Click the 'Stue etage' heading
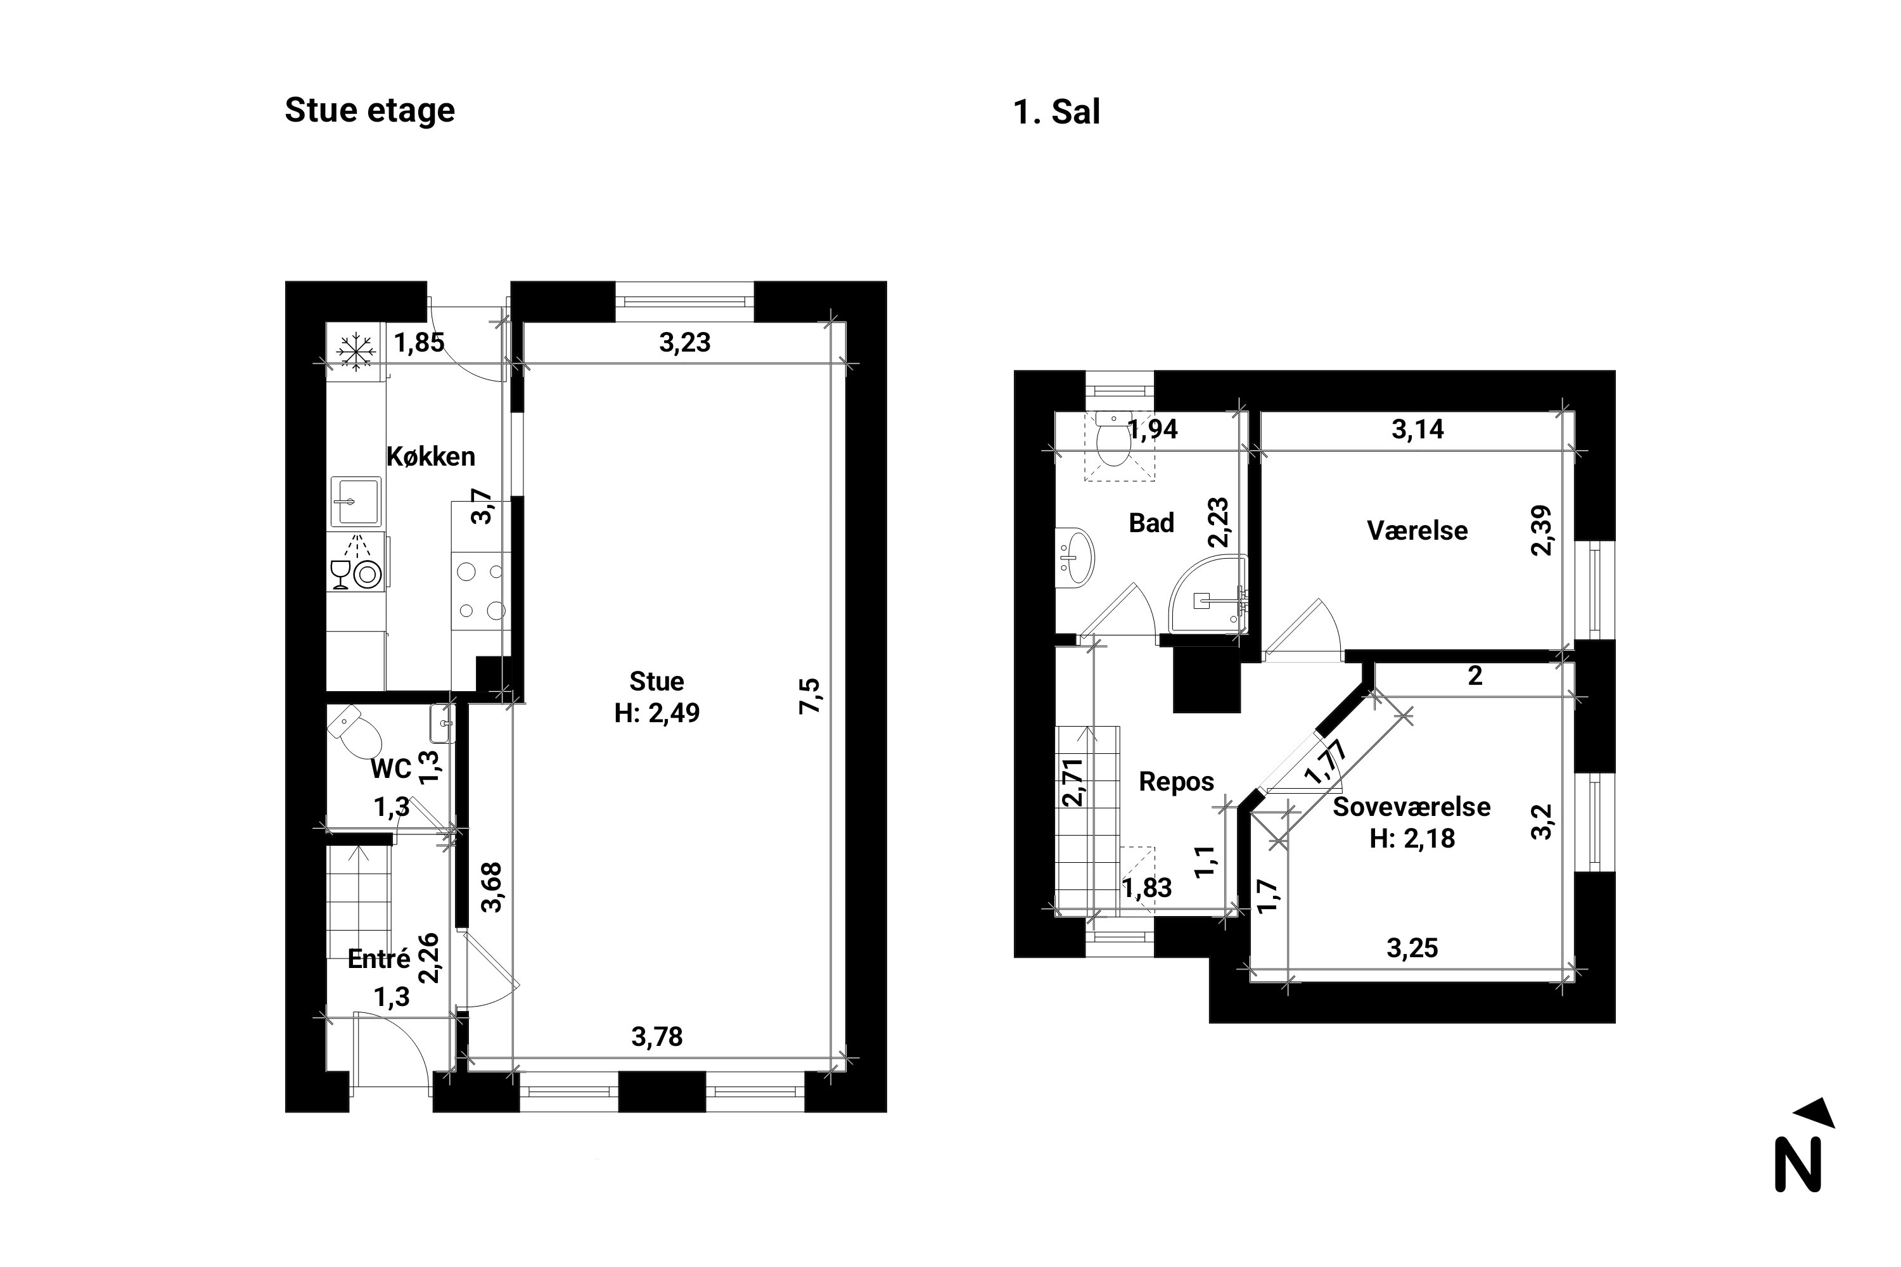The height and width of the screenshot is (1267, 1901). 369,111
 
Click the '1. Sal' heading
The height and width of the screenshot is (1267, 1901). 1056,111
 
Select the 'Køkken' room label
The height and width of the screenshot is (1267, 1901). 431,457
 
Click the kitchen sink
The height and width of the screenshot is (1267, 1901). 355,501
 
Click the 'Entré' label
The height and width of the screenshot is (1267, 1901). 379,959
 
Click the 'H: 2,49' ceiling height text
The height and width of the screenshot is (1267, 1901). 657,713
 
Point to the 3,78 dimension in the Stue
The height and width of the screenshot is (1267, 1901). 657,1036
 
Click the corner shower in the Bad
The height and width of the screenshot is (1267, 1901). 1208,594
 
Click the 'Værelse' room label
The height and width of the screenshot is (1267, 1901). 1417,531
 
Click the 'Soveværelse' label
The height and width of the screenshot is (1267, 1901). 1411,806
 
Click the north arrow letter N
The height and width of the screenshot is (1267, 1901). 1798,1164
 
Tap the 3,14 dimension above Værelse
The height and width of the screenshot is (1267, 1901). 1418,429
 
